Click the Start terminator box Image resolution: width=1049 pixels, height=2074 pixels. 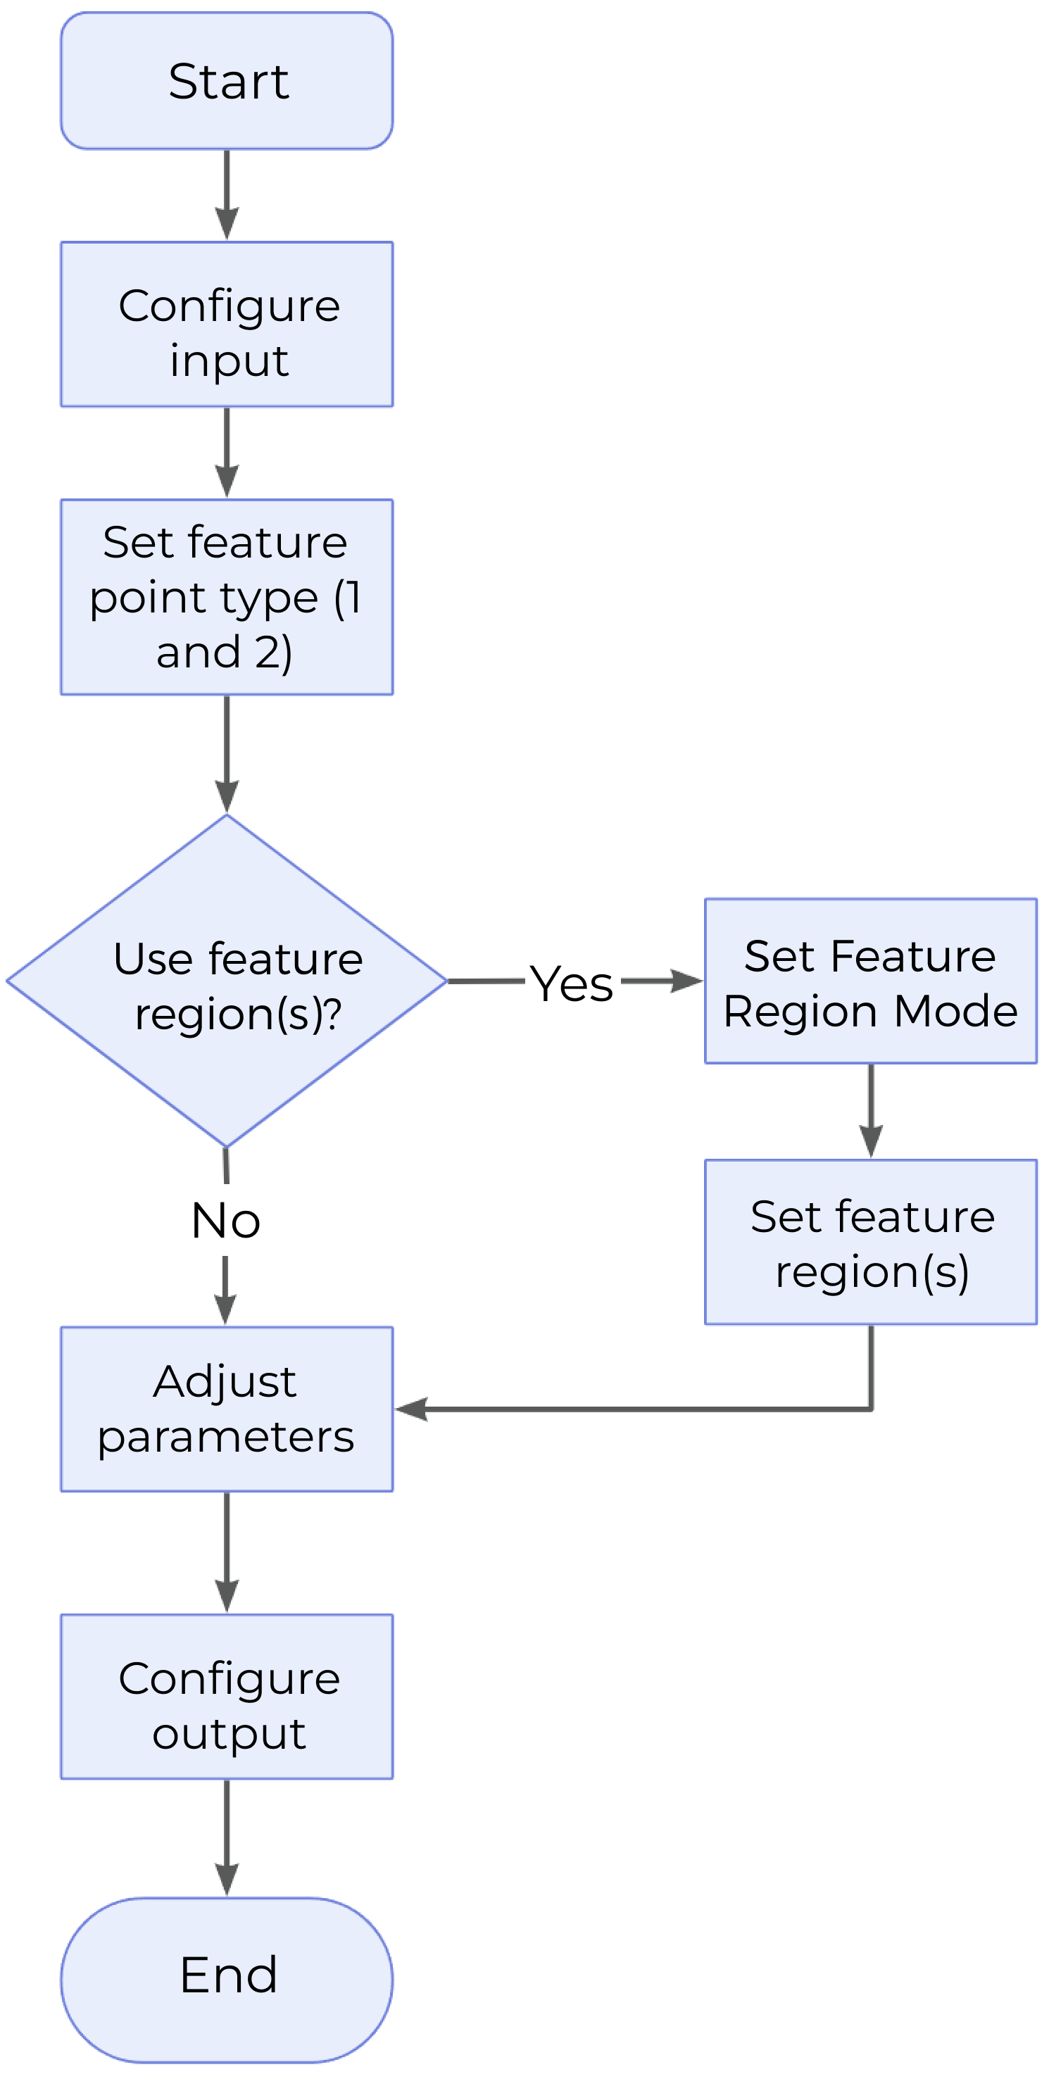226,80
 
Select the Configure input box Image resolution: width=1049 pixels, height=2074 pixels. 226,325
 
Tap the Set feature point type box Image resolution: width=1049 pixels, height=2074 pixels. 226,596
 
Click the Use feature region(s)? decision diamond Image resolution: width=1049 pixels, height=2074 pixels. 226,981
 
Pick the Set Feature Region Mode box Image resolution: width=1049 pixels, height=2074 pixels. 871,981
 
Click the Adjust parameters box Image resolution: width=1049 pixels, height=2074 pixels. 226,1409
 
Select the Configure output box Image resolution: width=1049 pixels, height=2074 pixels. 226,1697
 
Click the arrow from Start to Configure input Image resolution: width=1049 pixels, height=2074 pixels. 227,196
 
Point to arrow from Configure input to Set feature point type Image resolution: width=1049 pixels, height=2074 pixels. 227,453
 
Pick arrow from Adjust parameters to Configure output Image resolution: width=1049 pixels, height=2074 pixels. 227,1552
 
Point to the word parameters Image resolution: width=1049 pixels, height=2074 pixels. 225,1437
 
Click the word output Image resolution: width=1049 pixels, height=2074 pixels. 229,1733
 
